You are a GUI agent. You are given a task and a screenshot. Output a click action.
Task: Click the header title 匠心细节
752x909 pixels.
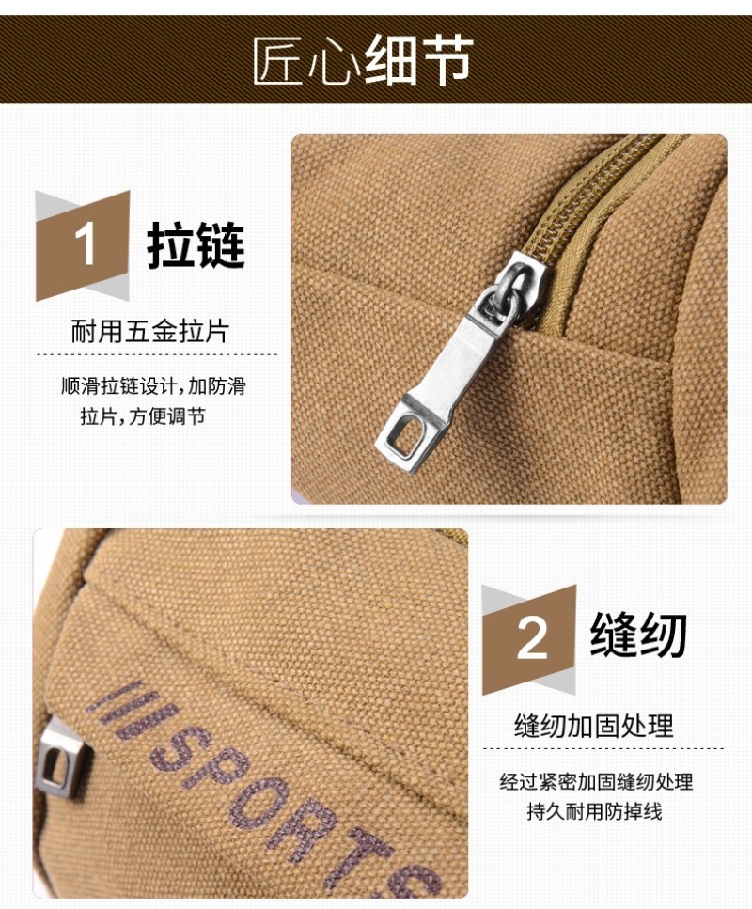pyautogui.click(x=363, y=60)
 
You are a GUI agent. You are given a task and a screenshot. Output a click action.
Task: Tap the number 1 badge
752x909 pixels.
pyautogui.click(x=83, y=245)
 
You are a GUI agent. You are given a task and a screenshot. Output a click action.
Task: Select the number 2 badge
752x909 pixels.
pyautogui.click(x=529, y=639)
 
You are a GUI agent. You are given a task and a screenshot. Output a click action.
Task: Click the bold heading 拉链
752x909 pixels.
pyautogui.click(x=196, y=245)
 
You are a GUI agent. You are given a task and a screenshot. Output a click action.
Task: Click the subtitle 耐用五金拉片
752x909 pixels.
pyautogui.click(x=150, y=331)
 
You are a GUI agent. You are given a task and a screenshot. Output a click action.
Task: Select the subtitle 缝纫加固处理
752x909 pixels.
pyautogui.click(x=594, y=726)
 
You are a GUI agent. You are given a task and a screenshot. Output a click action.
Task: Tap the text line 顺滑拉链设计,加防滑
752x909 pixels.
pyautogui.click(x=153, y=386)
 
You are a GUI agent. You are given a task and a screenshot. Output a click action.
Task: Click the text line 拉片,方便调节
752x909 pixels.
pyautogui.click(x=143, y=416)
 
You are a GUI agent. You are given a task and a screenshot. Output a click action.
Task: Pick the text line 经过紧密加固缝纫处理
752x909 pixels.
pyautogui.click(x=597, y=782)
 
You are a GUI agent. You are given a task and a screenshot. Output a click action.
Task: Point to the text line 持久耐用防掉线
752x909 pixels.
pyautogui.click(x=594, y=811)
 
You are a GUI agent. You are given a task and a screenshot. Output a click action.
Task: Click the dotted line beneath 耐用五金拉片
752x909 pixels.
pyautogui.click(x=157, y=354)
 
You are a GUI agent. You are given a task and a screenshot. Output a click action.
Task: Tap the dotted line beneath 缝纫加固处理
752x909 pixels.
pyautogui.click(x=603, y=748)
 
